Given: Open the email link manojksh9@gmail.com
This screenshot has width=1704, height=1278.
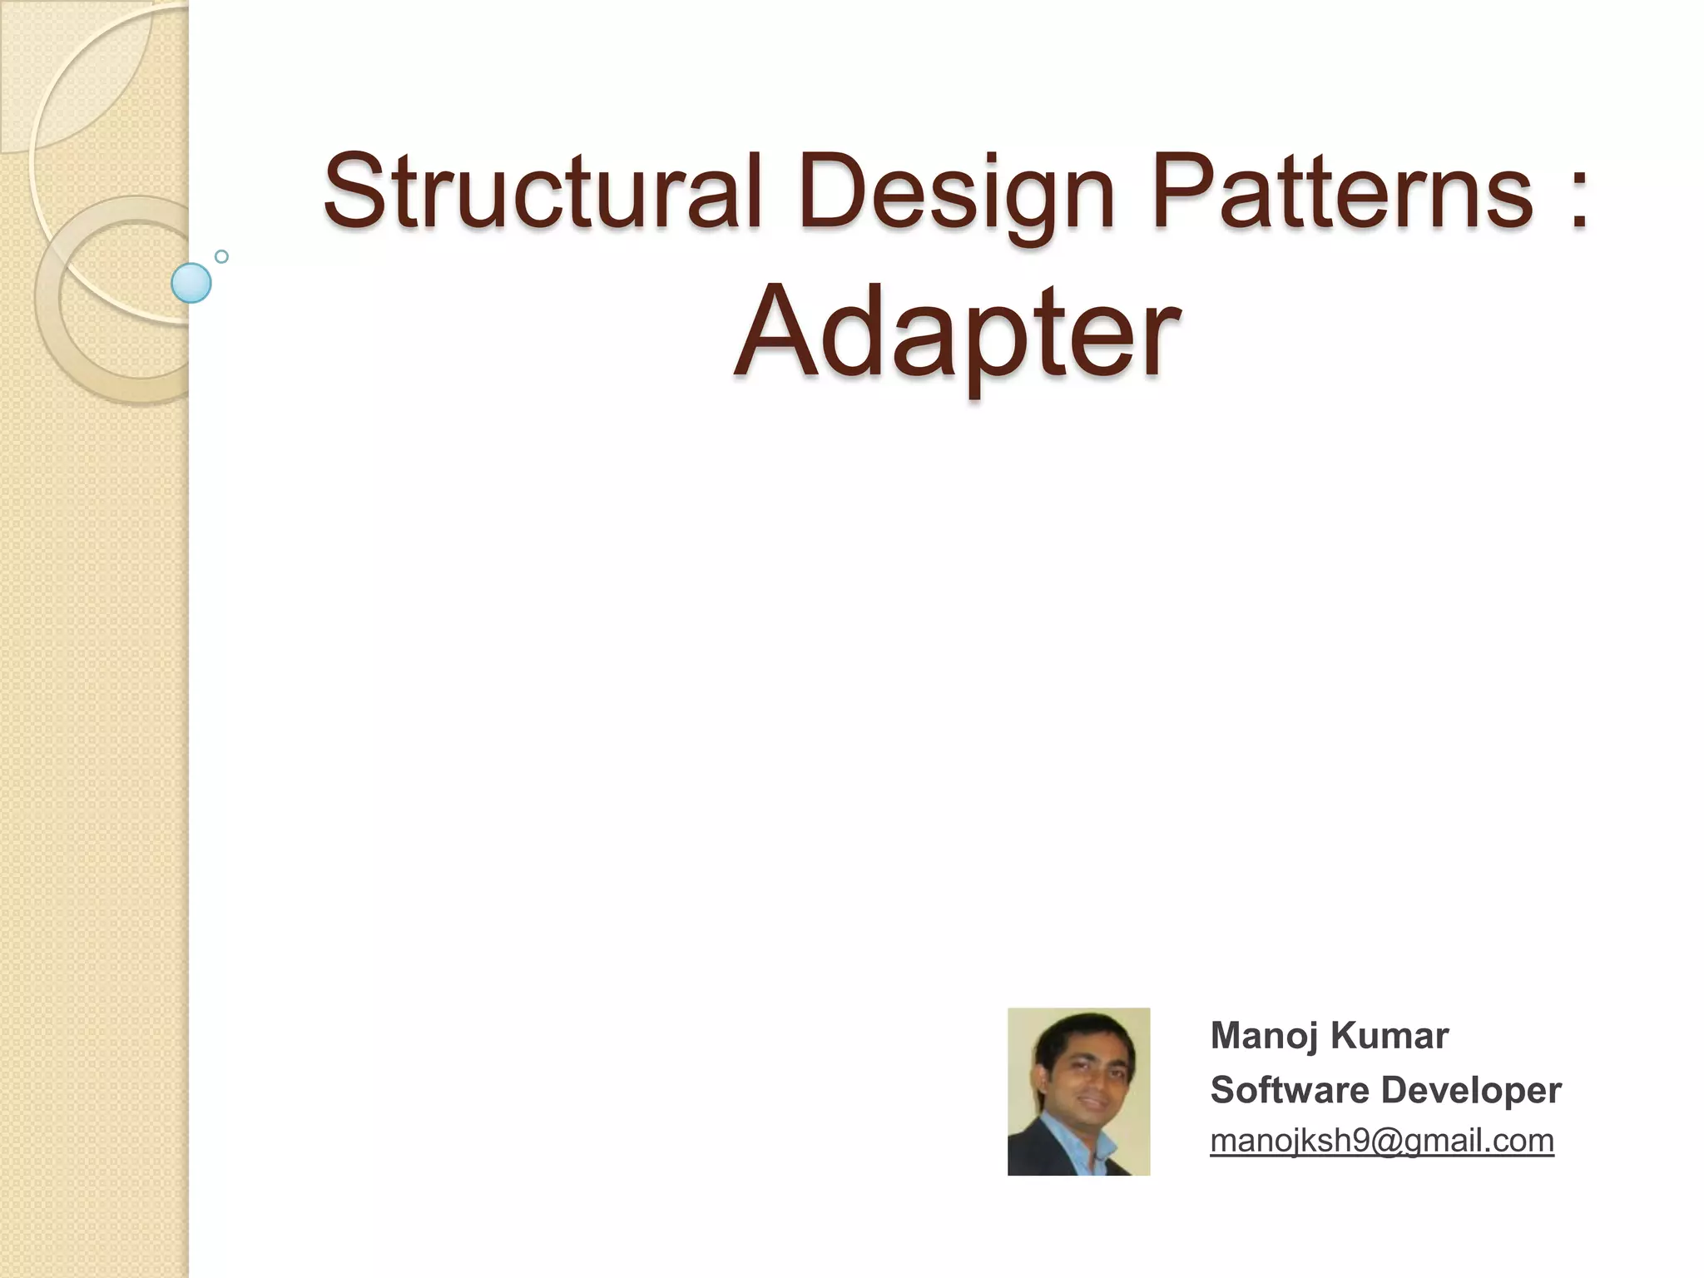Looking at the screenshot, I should (x=1381, y=1141).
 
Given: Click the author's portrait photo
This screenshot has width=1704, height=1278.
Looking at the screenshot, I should (x=1078, y=1091).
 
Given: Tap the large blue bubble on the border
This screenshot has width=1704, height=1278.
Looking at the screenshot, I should (x=191, y=283).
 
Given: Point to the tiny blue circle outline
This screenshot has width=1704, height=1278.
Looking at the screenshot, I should (x=221, y=256).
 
